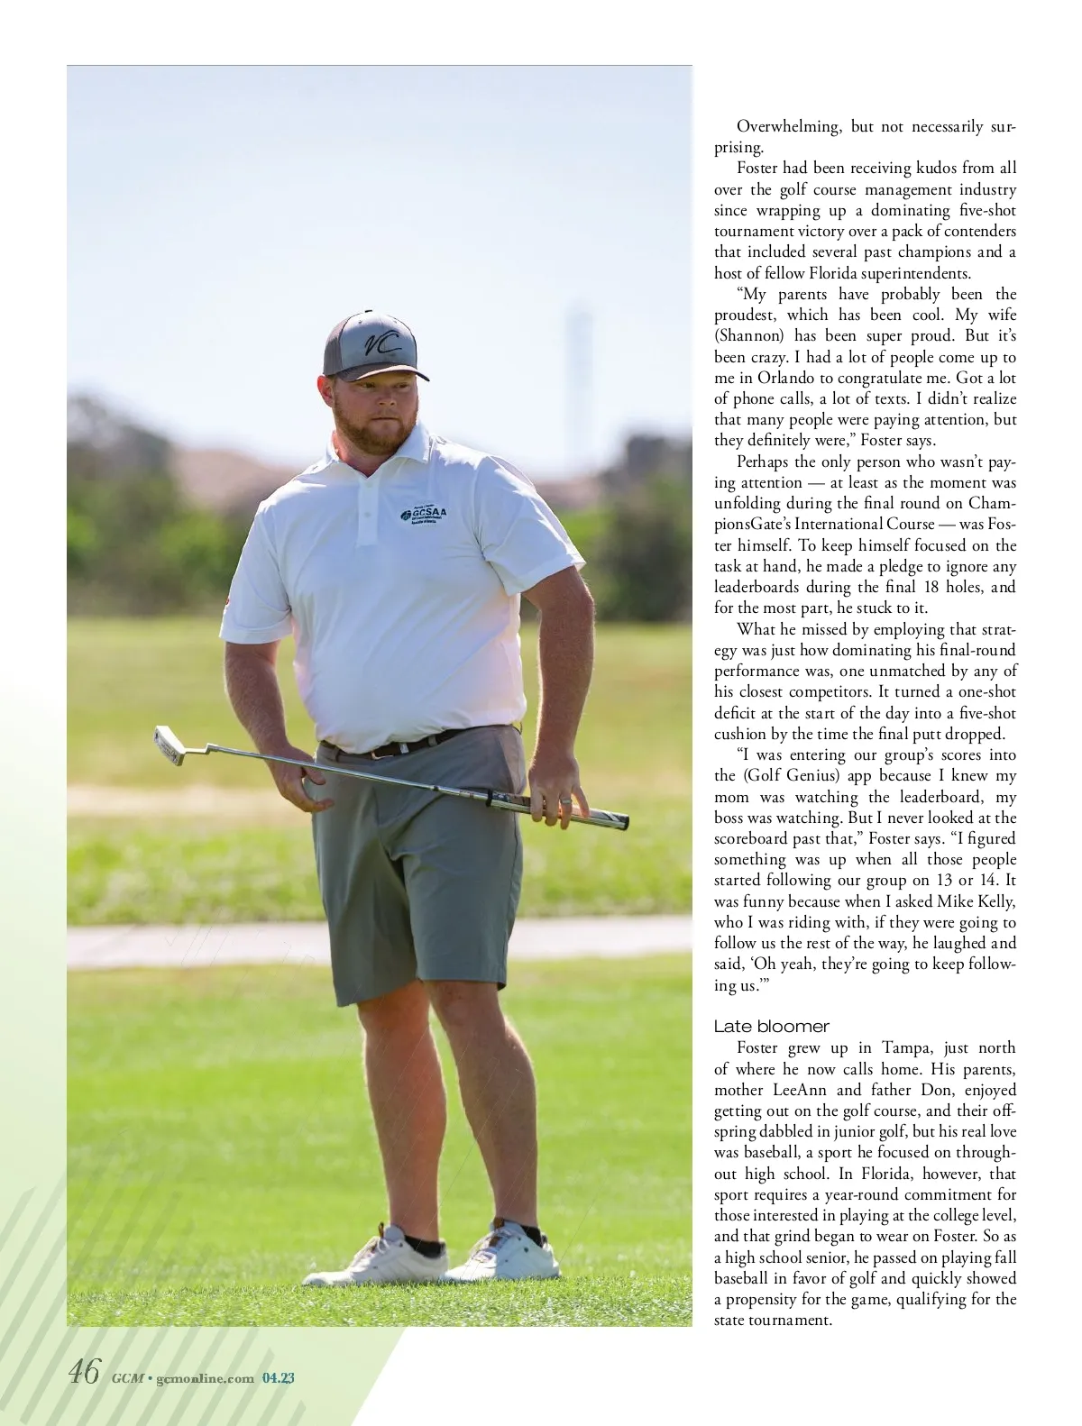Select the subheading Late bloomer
point(771,1027)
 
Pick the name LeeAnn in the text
point(794,1089)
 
